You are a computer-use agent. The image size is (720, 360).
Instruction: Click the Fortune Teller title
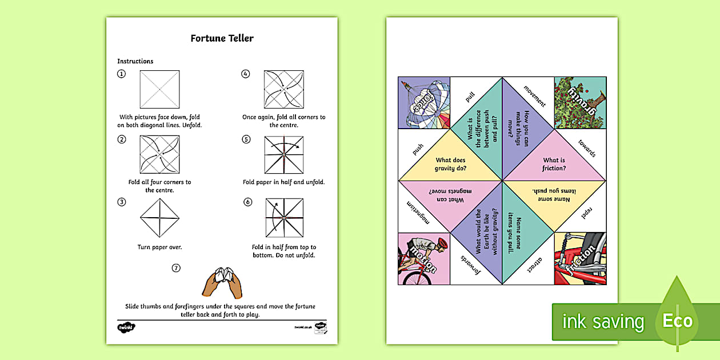(x=222, y=38)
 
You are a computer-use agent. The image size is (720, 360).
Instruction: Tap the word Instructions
(x=135, y=61)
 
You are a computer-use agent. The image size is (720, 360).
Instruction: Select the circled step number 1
(x=121, y=74)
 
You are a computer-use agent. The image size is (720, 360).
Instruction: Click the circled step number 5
(x=246, y=139)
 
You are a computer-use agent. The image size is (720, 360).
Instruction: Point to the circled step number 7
(x=176, y=267)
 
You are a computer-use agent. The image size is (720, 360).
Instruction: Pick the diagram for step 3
(x=159, y=218)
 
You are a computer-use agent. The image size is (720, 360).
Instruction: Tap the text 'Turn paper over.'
(x=159, y=247)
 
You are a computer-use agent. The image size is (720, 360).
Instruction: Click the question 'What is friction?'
(x=554, y=164)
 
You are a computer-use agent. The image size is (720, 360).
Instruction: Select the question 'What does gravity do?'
(x=451, y=164)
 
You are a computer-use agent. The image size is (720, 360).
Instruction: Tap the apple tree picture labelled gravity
(x=580, y=103)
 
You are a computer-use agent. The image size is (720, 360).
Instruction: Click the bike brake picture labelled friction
(x=580, y=258)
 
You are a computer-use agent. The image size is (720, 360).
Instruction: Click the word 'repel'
(x=586, y=213)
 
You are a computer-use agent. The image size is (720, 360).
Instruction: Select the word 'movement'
(x=535, y=96)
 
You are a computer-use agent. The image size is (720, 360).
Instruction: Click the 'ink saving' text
(x=603, y=322)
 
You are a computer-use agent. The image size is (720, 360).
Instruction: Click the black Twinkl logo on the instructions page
(x=126, y=327)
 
